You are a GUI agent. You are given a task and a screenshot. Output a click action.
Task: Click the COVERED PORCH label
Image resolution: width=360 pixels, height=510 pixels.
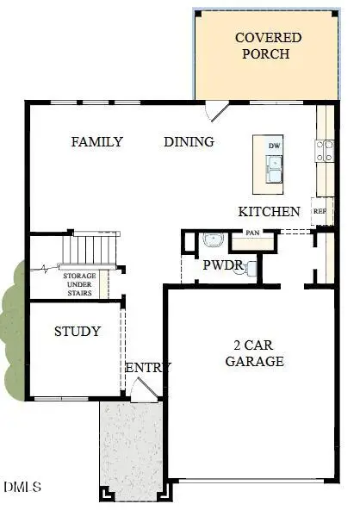click(269, 46)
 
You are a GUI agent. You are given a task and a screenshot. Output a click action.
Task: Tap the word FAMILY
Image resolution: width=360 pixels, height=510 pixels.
click(96, 142)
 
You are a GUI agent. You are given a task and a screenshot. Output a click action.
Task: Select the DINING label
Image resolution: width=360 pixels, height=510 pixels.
click(189, 142)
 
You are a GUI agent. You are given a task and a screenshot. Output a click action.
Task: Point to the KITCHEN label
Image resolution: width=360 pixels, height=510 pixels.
click(269, 211)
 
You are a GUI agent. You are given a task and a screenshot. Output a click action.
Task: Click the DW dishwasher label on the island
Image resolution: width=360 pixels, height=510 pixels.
click(274, 146)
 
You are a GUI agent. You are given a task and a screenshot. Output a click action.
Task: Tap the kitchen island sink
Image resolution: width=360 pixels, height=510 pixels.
click(274, 173)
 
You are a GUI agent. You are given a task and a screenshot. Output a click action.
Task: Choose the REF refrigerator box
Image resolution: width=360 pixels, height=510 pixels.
click(320, 211)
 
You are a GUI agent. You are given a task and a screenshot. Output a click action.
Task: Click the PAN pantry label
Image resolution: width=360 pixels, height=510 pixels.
click(252, 233)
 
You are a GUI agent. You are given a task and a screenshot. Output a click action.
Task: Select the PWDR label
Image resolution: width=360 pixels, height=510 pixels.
click(222, 265)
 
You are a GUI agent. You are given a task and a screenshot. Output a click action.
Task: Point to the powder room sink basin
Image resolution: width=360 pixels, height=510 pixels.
click(213, 241)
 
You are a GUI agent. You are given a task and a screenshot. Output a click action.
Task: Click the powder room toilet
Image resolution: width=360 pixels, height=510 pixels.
click(251, 269)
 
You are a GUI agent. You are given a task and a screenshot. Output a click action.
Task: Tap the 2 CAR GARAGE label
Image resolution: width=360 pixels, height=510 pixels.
click(254, 353)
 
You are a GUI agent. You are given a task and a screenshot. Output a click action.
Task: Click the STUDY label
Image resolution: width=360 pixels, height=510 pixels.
click(78, 331)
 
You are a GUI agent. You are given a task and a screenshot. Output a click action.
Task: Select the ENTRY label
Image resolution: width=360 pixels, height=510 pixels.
click(148, 368)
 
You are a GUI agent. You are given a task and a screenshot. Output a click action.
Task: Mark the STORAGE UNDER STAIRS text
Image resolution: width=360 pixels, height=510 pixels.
click(79, 284)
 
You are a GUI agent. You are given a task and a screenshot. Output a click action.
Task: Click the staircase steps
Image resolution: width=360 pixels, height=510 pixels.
click(90, 251)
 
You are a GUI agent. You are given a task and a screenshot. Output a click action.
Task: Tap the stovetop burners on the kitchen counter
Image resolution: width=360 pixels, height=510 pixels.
click(326, 152)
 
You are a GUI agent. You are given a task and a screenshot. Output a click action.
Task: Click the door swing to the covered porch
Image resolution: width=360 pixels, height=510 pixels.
click(216, 111)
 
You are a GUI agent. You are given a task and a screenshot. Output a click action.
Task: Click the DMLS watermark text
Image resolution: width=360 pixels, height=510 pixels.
click(22, 488)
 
